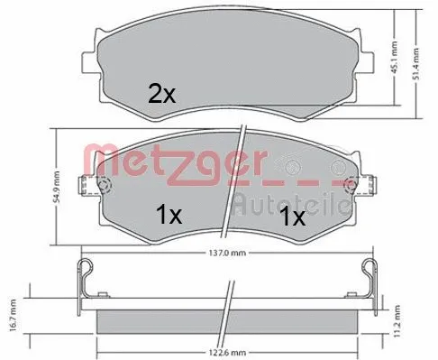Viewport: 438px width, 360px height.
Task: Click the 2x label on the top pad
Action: coord(161,94)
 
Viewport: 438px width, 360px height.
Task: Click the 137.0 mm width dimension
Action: coord(227,253)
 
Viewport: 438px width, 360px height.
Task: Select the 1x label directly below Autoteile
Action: coord(292,218)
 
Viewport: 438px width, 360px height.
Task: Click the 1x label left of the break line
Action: coord(169,216)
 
